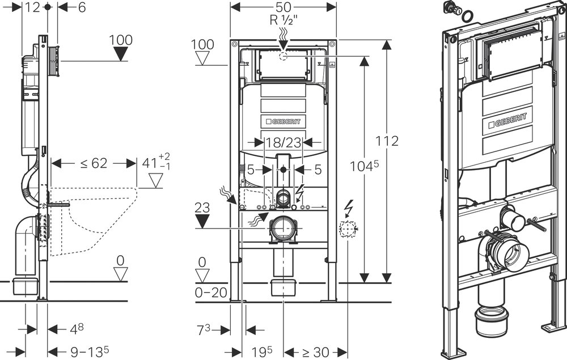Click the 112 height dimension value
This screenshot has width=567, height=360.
pyautogui.click(x=387, y=141)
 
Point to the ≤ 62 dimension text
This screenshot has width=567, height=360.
pyautogui.click(x=94, y=163)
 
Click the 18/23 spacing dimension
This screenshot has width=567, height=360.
pyautogui.click(x=283, y=143)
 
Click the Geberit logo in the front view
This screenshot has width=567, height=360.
pyautogui.click(x=283, y=121)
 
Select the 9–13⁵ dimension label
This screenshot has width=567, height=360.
pyautogui.click(x=89, y=351)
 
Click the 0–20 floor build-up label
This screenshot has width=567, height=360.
pyautogui.click(x=210, y=293)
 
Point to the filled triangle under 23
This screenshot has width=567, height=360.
pyautogui.click(x=202, y=221)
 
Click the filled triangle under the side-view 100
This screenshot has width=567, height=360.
pyautogui.click(x=121, y=54)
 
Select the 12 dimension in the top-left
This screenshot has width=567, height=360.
pyautogui.click(x=32, y=7)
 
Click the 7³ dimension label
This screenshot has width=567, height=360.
pyautogui.click(x=203, y=329)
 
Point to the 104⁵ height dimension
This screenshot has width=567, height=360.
pyautogui.click(x=364, y=166)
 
